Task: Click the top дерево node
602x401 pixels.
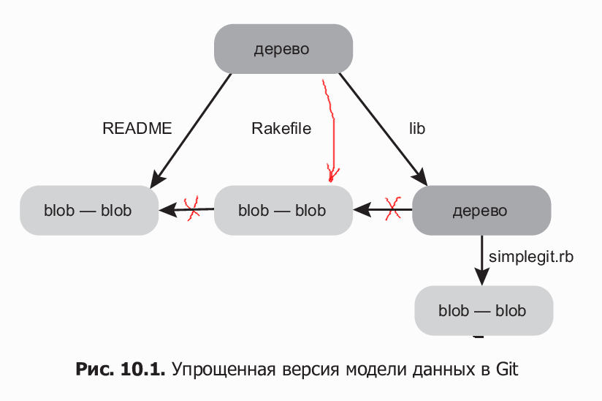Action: pos(283,49)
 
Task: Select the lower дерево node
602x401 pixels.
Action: pos(481,211)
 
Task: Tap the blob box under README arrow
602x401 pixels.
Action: pos(88,211)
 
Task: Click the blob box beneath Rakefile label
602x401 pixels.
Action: pos(283,211)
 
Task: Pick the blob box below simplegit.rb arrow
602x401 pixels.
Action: pos(483,310)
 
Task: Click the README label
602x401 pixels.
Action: pos(137,129)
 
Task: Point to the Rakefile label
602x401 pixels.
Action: pos(281,129)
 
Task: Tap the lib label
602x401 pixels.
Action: pos(417,129)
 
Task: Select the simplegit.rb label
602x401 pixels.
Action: pos(531,257)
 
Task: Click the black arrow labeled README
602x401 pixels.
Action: pos(191,129)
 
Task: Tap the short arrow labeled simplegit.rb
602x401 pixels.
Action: pos(481,260)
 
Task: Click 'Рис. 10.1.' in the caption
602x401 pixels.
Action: pos(121,369)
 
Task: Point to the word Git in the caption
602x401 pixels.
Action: pos(507,369)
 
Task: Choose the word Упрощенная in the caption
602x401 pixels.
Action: pos(219,369)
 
